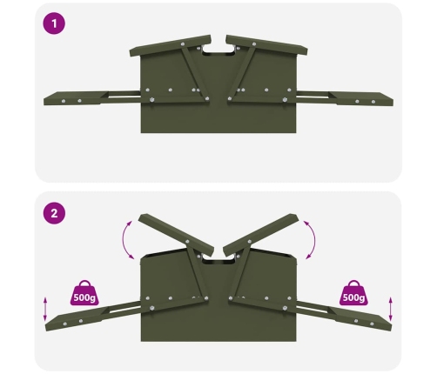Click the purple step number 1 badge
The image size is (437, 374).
click(x=54, y=23)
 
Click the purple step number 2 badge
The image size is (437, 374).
click(x=54, y=213)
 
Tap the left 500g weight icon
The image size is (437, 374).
click(x=84, y=293)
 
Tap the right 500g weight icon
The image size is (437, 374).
click(x=353, y=293)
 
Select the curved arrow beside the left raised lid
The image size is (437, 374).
click(x=124, y=240)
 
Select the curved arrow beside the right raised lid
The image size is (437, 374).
click(x=313, y=240)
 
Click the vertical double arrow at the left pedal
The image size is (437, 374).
click(x=45, y=309)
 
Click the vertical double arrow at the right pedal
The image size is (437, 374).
click(x=391, y=309)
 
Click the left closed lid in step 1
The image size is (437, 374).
click(x=171, y=45)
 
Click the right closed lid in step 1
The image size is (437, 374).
click(x=266, y=45)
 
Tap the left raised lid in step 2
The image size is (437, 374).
click(x=176, y=235)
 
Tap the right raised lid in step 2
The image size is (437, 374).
click(x=261, y=235)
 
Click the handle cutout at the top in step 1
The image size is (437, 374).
click(x=218, y=50)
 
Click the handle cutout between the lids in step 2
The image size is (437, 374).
click(x=218, y=258)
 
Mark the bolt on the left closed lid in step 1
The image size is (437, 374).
click(x=183, y=44)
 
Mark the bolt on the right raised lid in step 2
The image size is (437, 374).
click(x=249, y=241)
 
